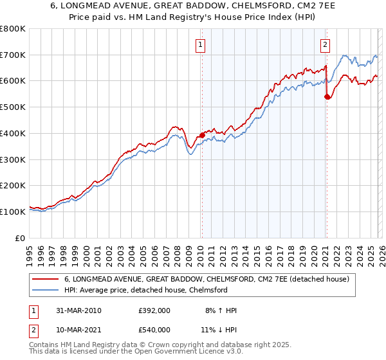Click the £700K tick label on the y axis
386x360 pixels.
pyautogui.click(x=13, y=55)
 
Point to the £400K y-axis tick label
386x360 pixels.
pyautogui.click(x=13, y=133)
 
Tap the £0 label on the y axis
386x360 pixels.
pyautogui.click(x=21, y=238)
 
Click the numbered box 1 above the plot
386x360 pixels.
pyautogui.click(x=201, y=44)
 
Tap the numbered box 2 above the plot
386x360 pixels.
pyautogui.click(x=326, y=44)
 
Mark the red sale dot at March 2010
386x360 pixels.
pyautogui.click(x=202, y=135)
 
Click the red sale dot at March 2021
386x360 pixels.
pyautogui.click(x=327, y=96)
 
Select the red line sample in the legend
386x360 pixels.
pyautogui.click(x=46, y=279)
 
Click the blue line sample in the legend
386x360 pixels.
pyautogui.click(x=46, y=291)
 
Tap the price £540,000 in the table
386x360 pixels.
pyautogui.click(x=154, y=330)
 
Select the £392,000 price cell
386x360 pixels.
pyautogui.click(x=154, y=310)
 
